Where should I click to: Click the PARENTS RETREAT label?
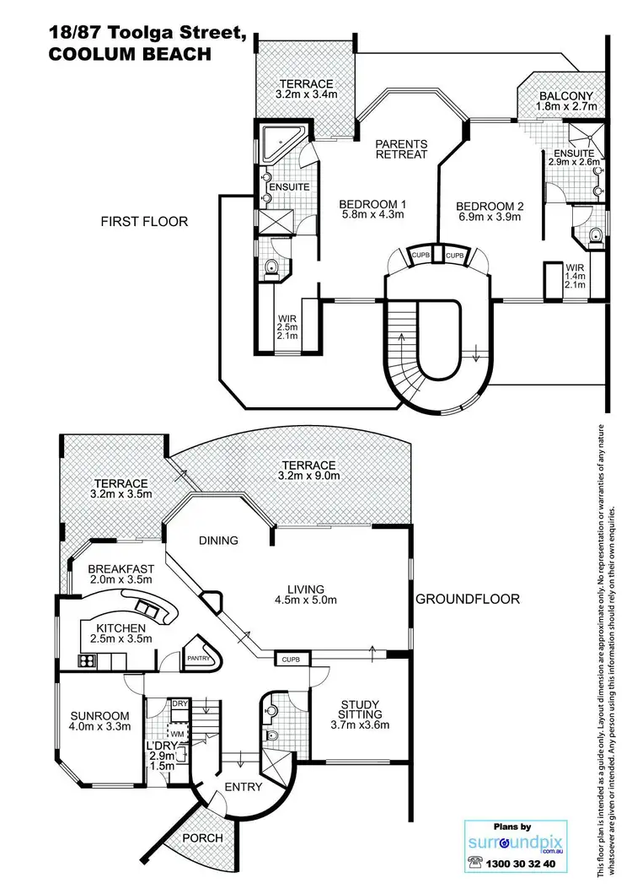(x=401, y=148)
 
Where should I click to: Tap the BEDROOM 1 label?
(x=372, y=203)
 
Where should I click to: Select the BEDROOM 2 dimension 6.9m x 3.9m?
(x=490, y=217)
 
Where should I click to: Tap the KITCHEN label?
(x=121, y=628)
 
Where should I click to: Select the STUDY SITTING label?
(x=360, y=711)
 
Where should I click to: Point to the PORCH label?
(x=201, y=837)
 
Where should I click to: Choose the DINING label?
(x=218, y=540)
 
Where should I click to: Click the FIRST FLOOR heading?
(x=143, y=222)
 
